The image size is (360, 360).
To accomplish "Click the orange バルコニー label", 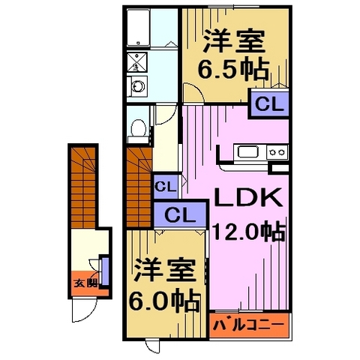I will pos(249,324).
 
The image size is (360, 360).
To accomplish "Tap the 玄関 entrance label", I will pos(85,283).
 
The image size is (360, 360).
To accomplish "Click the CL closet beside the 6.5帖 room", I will pos(268,103).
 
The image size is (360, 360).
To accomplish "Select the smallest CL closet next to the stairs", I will pos(165,185).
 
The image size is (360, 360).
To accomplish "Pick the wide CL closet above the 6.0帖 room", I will pos(178,214).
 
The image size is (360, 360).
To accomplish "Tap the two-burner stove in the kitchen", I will pos(276,153).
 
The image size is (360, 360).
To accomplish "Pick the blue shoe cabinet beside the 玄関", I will pos(105,270).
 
